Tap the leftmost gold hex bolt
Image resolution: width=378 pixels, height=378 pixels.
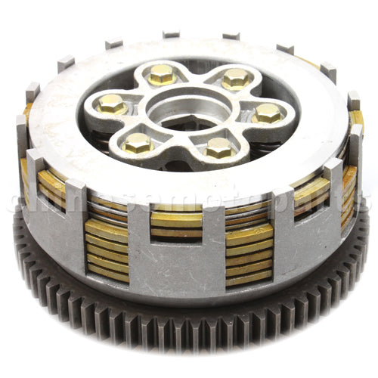[112, 103]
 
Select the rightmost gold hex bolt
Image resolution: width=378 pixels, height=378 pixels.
[268, 113]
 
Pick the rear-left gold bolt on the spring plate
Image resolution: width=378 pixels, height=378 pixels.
[162, 73]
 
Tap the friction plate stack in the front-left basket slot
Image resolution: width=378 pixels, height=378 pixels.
[107, 249]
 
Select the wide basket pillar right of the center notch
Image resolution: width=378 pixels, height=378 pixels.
[212, 246]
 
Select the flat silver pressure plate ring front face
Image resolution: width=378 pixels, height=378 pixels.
[189, 181]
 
